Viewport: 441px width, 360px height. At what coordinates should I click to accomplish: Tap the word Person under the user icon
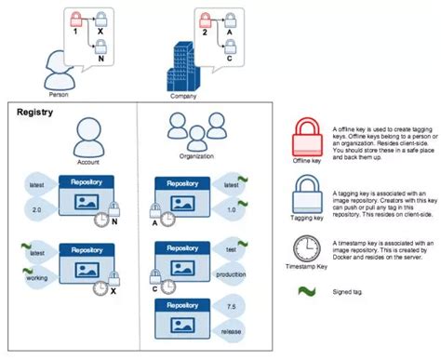pyautogui.click(x=60, y=94)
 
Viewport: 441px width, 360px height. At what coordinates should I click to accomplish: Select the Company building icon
pyautogui.click(x=181, y=66)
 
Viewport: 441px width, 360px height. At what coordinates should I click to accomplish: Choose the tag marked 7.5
pyautogui.click(x=231, y=307)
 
